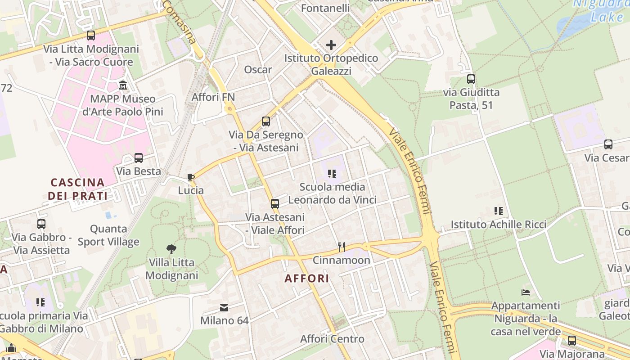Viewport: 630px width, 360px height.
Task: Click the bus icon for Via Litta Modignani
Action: click(x=91, y=36)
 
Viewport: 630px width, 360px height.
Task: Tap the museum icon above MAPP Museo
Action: click(x=123, y=85)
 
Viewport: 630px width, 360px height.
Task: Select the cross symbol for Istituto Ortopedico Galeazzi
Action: click(x=331, y=45)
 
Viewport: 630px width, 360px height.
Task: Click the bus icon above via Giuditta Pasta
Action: click(x=471, y=79)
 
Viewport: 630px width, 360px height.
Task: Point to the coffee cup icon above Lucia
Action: click(x=191, y=178)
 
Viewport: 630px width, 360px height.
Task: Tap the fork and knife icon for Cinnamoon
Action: click(x=342, y=247)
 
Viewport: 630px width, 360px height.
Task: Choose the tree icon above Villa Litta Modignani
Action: click(x=171, y=249)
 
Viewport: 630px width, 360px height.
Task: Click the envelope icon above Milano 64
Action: click(x=224, y=308)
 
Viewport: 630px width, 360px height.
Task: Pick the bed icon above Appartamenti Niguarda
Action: click(x=525, y=292)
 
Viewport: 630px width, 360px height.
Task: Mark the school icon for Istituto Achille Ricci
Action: click(x=498, y=211)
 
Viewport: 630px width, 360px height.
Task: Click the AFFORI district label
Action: click(x=307, y=278)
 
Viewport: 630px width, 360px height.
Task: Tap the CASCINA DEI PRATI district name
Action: click(x=77, y=189)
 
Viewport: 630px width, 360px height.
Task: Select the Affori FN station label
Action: click(x=213, y=97)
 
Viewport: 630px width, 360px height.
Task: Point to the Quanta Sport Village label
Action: click(x=108, y=235)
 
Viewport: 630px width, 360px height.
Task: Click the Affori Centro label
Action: click(x=332, y=339)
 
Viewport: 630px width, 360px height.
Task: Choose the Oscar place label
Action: click(x=258, y=69)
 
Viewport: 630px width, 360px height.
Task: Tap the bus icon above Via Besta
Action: click(x=139, y=158)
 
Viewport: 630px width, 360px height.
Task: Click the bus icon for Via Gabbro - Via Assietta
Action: click(x=41, y=224)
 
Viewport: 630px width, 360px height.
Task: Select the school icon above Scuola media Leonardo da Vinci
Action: click(x=332, y=174)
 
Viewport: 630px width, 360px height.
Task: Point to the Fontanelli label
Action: click(x=325, y=8)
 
